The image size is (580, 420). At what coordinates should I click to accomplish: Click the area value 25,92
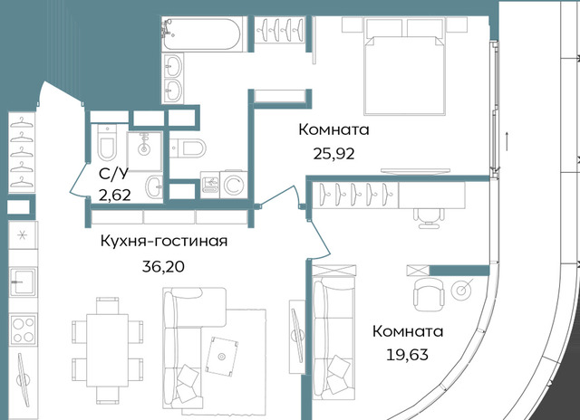(x=333, y=153)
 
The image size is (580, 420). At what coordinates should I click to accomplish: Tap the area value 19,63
(x=407, y=355)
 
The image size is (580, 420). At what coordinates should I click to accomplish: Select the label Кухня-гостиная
(x=164, y=241)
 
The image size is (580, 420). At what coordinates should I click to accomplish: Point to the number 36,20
(x=163, y=266)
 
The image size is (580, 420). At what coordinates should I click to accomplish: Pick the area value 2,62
(x=115, y=195)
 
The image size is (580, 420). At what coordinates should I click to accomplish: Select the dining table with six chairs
(x=107, y=350)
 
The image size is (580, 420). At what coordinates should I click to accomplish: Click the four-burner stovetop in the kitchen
(x=24, y=329)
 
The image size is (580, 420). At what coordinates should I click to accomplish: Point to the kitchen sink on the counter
(x=24, y=282)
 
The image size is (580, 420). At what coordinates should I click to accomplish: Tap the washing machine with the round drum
(x=234, y=185)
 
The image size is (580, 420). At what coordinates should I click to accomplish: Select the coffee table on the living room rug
(x=221, y=356)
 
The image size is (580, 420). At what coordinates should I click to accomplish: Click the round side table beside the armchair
(x=460, y=291)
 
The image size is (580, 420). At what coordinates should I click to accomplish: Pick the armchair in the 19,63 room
(x=429, y=294)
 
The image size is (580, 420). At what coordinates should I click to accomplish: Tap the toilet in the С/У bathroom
(x=107, y=142)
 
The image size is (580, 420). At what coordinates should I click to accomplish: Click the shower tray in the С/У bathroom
(x=144, y=151)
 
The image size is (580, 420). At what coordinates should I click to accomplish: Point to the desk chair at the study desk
(x=429, y=218)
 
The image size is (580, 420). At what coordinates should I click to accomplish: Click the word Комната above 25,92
(x=333, y=130)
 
